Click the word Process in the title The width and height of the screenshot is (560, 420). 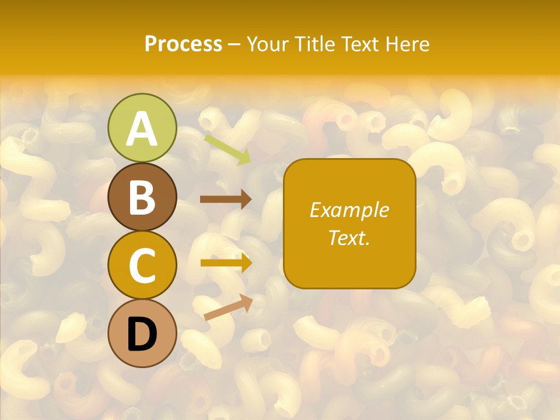pyautogui.click(x=183, y=44)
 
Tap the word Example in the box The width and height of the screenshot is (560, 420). pyautogui.click(x=349, y=210)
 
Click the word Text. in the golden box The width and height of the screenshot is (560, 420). pyautogui.click(x=349, y=237)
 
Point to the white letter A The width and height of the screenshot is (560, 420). pyautogui.click(x=142, y=129)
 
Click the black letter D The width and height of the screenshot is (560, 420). pyautogui.click(x=142, y=334)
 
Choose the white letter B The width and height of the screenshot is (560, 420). pyautogui.click(x=142, y=197)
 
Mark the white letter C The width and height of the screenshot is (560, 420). pyautogui.click(x=142, y=266)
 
